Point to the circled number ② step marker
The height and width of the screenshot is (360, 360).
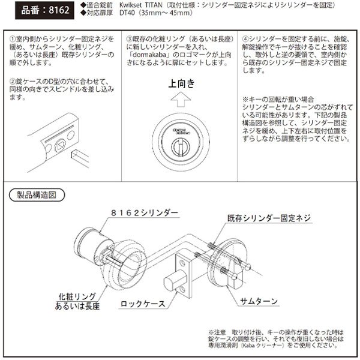pyautogui.click(x=13, y=79)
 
